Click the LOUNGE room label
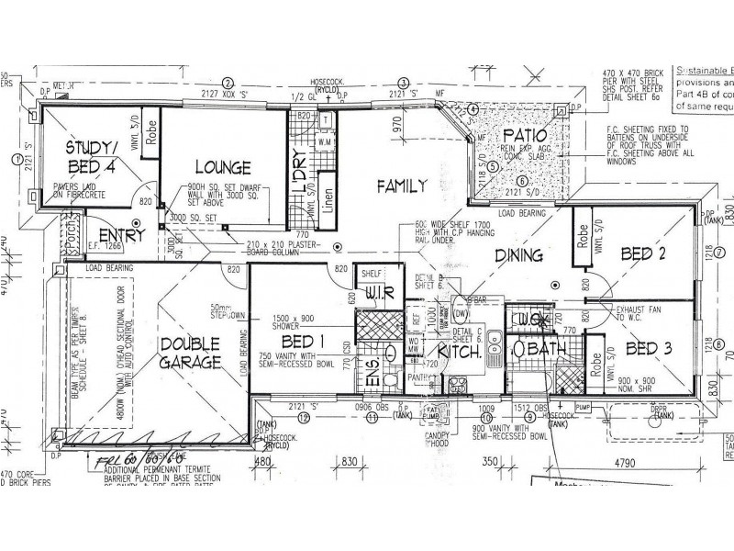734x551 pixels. pyautogui.click(x=222, y=168)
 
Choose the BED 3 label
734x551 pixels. pyautogui.click(x=651, y=348)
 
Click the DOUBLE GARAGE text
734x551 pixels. pyautogui.click(x=189, y=354)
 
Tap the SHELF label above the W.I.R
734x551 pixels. pyautogui.click(x=371, y=274)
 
